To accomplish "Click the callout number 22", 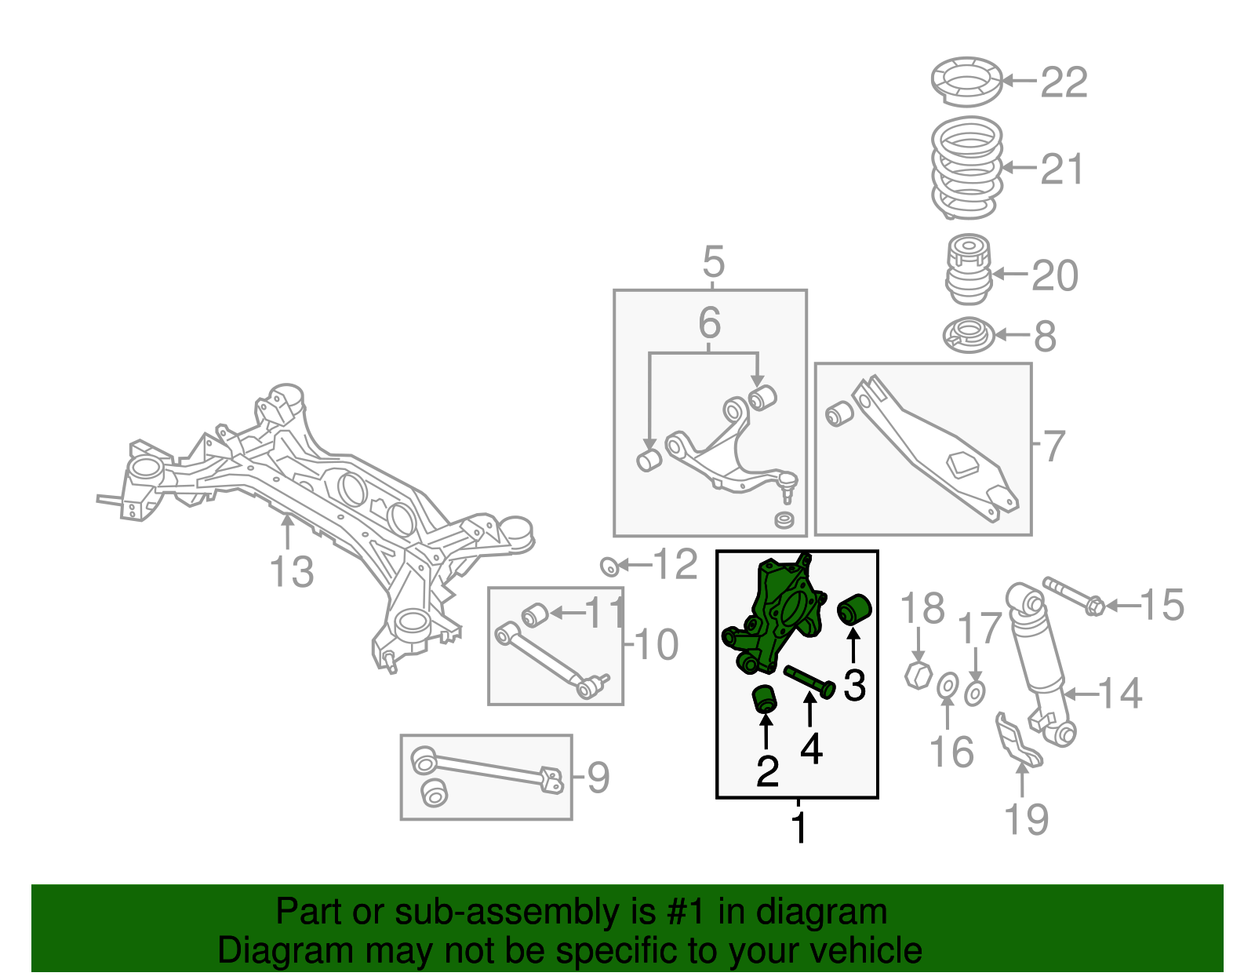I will click(x=1064, y=82).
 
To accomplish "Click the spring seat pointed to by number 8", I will click(x=968, y=335).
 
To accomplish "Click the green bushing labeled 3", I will click(x=855, y=608).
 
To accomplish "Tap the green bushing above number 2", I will click(x=764, y=698).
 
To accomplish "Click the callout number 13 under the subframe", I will click(x=291, y=572).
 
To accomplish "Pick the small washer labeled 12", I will click(x=608, y=565).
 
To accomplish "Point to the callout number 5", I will click(x=713, y=261).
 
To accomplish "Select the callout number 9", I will click(x=598, y=778).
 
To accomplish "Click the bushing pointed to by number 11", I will click(x=535, y=614).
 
